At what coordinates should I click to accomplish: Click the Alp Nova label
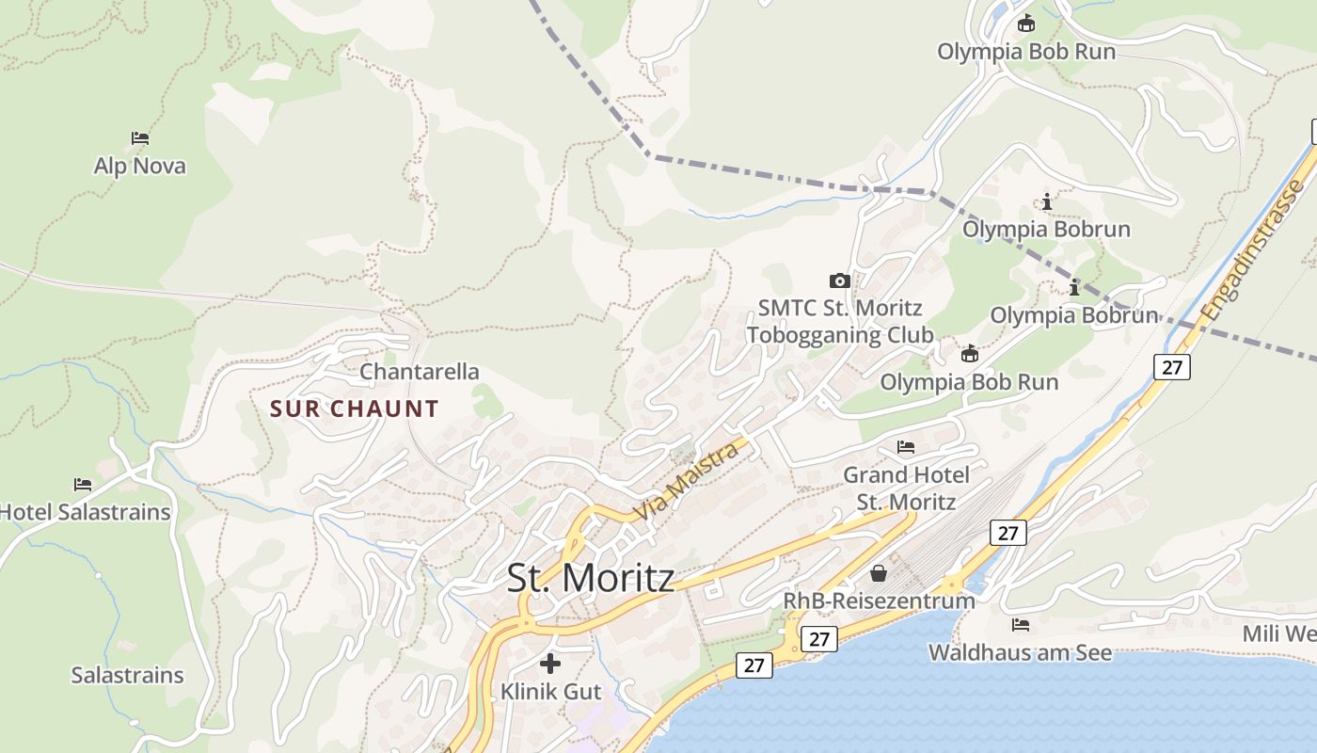pos(140,167)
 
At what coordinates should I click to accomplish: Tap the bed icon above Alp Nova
pos(140,138)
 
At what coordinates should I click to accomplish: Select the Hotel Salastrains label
pos(86,512)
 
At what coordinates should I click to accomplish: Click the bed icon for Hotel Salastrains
pos(83,485)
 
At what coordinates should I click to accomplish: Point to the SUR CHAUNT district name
pos(355,409)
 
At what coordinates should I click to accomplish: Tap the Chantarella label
pos(420,372)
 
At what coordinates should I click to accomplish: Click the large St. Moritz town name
pos(591,577)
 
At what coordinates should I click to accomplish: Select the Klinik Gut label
pos(550,692)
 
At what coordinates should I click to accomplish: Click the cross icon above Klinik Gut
pos(550,664)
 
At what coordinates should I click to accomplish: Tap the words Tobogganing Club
pos(840,335)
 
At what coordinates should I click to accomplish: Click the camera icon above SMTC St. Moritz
pos(840,280)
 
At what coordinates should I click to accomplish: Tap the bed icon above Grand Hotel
pos(906,447)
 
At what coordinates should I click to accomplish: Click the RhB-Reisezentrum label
pos(880,601)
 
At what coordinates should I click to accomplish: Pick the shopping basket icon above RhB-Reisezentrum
pos(879,572)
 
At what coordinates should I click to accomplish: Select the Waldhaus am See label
pos(1020,652)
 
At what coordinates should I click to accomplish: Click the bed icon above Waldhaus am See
pos(1021,625)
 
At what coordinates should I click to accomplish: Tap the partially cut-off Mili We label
pos(1278,633)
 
